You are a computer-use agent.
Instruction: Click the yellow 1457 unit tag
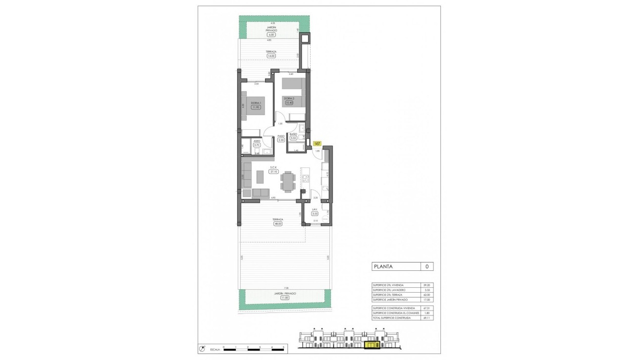[318, 144]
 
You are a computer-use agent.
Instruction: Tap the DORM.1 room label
[256, 103]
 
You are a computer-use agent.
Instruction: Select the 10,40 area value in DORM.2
[289, 103]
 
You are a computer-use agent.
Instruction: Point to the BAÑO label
[293, 134]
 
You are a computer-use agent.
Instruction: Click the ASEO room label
[257, 141]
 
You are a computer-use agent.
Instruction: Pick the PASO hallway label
[281, 136]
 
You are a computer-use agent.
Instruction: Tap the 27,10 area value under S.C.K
[273, 171]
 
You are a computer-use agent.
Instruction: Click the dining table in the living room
[288, 181]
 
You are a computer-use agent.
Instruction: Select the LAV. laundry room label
[315, 209]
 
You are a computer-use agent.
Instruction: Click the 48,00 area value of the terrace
[278, 223]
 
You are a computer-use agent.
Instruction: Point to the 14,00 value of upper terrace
[271, 56]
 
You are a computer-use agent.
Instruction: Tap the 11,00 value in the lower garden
[285, 298]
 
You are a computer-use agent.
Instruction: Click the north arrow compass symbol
[202, 348]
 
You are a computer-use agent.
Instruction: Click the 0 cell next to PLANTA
[426, 266]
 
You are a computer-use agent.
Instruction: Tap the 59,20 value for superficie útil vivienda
[426, 285]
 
